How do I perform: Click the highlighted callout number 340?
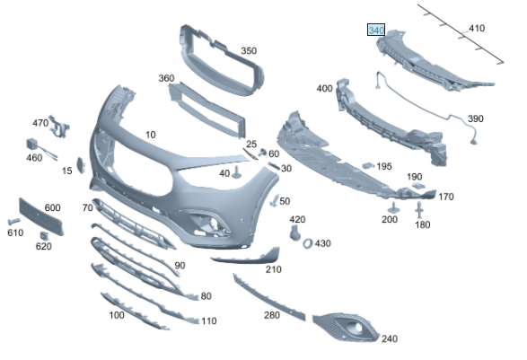(376, 30)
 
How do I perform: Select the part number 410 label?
(477, 28)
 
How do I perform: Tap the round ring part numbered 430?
(308, 243)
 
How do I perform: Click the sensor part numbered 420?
(294, 233)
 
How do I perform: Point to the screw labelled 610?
(13, 222)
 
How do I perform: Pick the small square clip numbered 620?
(44, 235)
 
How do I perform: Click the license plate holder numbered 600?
(41, 216)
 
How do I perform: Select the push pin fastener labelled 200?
(393, 208)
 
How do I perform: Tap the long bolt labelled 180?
(419, 209)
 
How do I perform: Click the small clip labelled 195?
(368, 165)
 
